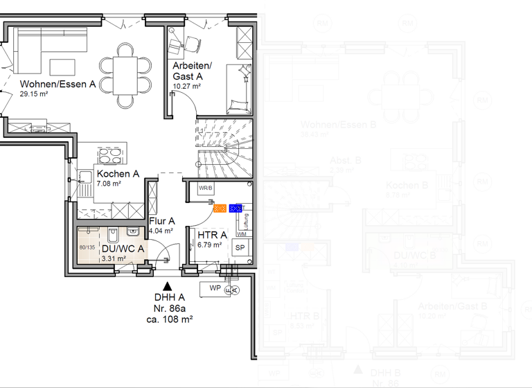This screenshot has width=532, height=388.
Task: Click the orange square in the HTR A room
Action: [x=220, y=207]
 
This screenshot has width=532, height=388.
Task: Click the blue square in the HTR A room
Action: [x=236, y=207]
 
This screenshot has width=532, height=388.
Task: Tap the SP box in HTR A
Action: [x=240, y=247]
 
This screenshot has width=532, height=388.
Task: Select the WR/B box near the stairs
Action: [x=206, y=188]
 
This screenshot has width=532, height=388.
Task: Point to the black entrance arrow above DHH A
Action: [x=167, y=285]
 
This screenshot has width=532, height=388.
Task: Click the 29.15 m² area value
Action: [x=34, y=94]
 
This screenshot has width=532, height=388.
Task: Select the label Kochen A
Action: [x=118, y=174]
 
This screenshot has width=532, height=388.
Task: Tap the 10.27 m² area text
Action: [x=187, y=87]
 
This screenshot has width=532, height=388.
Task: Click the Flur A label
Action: [x=162, y=221]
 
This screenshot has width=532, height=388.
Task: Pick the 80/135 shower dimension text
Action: [x=87, y=247]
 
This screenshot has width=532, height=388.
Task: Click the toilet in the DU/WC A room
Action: [x=113, y=233]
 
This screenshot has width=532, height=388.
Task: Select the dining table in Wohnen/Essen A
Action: [x=125, y=74]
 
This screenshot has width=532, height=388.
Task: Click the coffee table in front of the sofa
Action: [x=62, y=67]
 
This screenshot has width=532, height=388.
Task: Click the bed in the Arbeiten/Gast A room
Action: [x=240, y=89]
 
